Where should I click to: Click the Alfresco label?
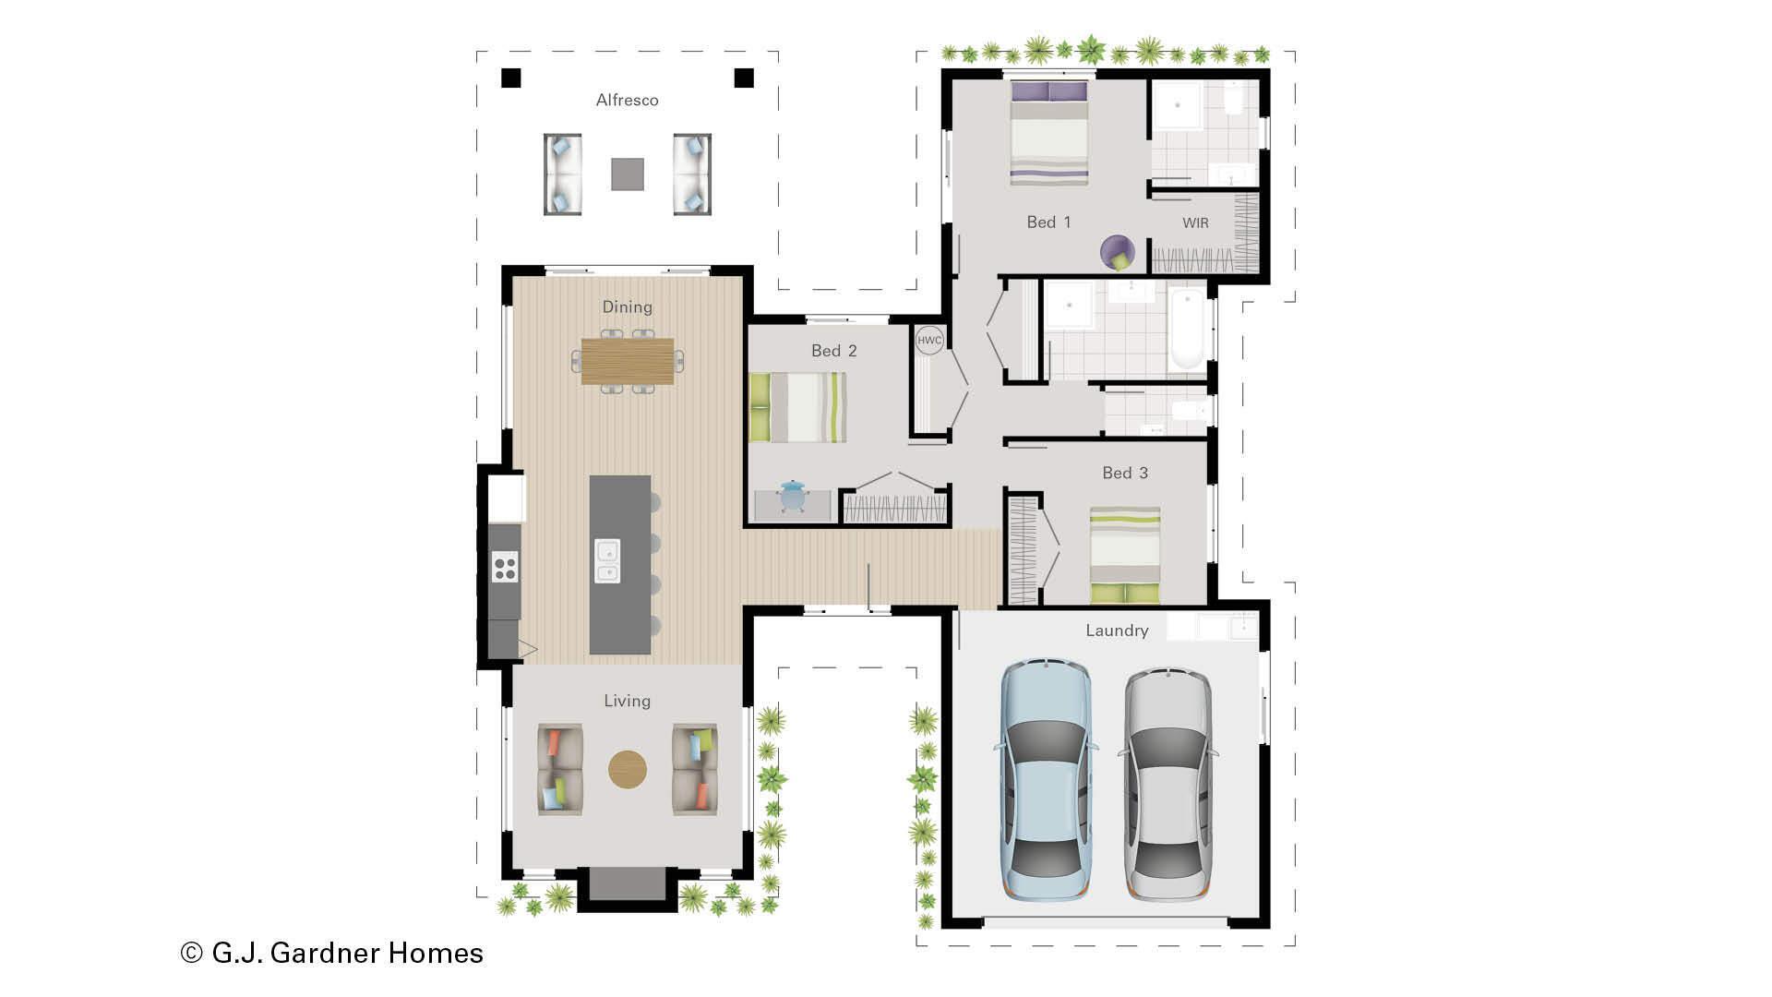(627, 100)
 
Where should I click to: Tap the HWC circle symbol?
(929, 340)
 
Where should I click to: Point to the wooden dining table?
(628, 361)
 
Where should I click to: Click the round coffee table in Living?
(628, 769)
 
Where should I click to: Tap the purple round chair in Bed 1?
(1118, 251)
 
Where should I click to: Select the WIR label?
(1195, 222)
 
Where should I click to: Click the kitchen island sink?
(606, 561)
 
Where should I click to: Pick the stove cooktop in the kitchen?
(505, 566)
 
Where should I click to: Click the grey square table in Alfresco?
(628, 174)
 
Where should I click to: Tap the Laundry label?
(1117, 631)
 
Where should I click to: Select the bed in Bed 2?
(798, 407)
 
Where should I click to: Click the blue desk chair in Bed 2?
(792, 497)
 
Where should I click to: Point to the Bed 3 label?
(1125, 473)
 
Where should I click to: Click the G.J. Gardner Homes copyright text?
(332, 953)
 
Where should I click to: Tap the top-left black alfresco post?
(510, 78)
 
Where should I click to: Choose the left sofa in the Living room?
(559, 769)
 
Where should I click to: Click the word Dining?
(627, 306)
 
